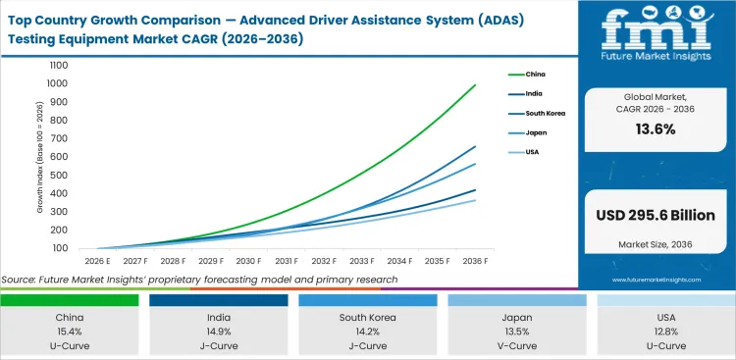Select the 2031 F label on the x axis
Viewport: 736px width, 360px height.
click(x=287, y=261)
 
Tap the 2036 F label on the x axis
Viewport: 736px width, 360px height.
click(x=475, y=261)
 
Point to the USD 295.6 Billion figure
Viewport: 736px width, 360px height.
click(x=656, y=215)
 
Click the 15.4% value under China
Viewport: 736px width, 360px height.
click(x=70, y=333)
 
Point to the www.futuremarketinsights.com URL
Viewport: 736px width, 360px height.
click(x=656, y=280)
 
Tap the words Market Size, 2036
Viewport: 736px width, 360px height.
click(x=656, y=243)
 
